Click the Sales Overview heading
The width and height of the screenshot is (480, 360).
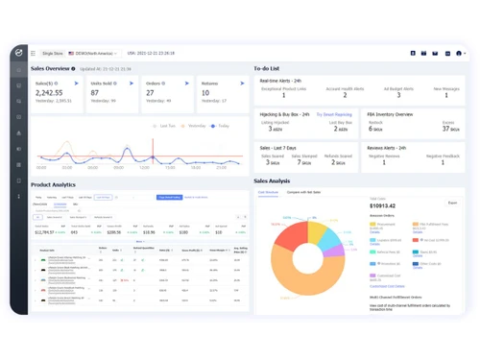[50, 69]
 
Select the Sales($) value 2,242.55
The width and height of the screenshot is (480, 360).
[50, 93]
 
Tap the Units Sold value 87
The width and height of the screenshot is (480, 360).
[95, 93]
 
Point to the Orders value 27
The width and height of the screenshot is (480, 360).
[150, 93]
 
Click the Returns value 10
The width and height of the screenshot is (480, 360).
[205, 93]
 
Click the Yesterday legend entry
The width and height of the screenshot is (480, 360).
[196, 126]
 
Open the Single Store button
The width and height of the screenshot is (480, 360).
[52, 54]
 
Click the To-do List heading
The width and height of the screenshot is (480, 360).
[267, 69]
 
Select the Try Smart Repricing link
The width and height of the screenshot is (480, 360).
[333, 114]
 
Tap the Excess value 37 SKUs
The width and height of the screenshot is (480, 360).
[447, 127]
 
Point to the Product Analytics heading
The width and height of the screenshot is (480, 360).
[53, 184]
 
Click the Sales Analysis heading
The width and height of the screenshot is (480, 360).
[272, 180]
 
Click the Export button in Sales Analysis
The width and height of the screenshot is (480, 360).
[452, 203]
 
